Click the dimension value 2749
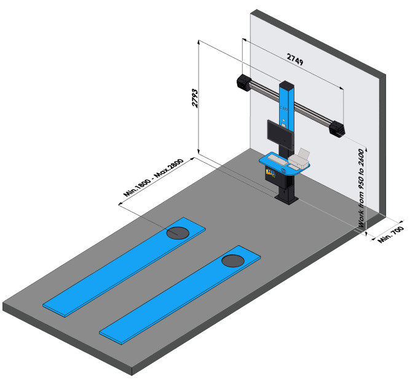[296, 59]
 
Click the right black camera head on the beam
[337, 129]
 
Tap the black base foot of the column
[286, 198]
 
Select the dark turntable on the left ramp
[178, 232]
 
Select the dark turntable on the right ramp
[234, 260]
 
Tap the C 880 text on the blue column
[285, 108]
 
